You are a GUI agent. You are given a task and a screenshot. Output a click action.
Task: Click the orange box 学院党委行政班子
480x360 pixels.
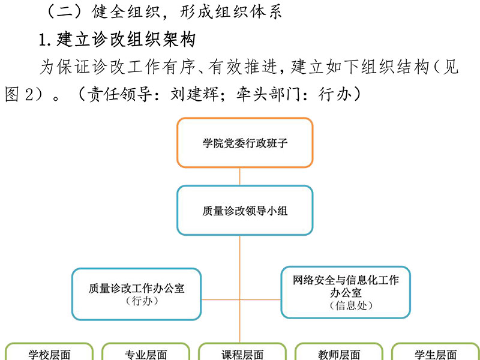[x=245, y=143]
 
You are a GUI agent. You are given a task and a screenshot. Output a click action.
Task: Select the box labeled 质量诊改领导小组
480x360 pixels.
[x=245, y=211]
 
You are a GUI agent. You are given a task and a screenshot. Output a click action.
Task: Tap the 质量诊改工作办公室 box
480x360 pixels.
[x=137, y=294]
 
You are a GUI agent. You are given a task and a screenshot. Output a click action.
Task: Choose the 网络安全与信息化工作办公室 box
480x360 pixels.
[x=346, y=292]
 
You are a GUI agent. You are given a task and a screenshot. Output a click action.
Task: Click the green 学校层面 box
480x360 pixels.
[x=49, y=352]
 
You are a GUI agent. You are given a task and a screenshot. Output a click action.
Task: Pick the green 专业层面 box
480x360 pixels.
[x=146, y=352]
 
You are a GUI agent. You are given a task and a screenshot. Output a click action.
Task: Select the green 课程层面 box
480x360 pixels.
[x=242, y=352]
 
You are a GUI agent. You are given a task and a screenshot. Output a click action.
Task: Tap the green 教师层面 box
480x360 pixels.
[x=339, y=352]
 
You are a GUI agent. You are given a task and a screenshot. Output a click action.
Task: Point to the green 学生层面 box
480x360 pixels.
[x=436, y=352]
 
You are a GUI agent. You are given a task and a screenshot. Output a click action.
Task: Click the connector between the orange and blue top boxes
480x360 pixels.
[x=239, y=176]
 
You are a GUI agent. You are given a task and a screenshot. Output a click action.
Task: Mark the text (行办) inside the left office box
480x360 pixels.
[x=142, y=301]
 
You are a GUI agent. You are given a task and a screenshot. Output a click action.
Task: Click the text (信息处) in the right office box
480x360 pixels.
[x=351, y=305]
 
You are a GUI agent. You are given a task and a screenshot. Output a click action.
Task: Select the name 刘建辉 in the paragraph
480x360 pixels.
[x=194, y=94]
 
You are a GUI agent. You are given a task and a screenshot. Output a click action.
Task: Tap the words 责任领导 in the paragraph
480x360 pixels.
[x=119, y=94]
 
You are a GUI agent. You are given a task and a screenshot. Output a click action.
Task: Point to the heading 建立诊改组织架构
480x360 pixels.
[x=126, y=40]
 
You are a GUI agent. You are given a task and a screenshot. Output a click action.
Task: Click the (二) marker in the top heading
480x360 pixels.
[x=64, y=12]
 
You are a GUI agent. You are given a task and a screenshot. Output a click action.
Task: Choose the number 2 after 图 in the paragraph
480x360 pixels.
[x=29, y=94]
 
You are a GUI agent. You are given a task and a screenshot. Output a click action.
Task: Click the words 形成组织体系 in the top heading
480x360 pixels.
[x=230, y=12]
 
